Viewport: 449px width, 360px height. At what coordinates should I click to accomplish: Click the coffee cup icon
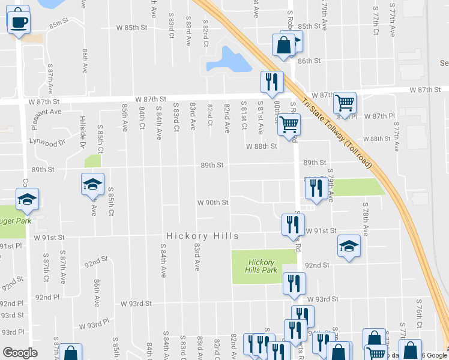point(19,21)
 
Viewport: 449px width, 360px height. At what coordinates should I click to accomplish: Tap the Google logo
point(20,353)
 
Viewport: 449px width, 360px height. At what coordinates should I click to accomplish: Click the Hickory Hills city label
point(202,236)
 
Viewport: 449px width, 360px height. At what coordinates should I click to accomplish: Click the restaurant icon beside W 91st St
point(291,224)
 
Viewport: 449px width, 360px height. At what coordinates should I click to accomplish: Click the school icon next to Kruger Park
point(26,199)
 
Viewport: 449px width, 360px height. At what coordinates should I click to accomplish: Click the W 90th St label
point(213,203)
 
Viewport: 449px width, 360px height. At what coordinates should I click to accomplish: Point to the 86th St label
point(310,61)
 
